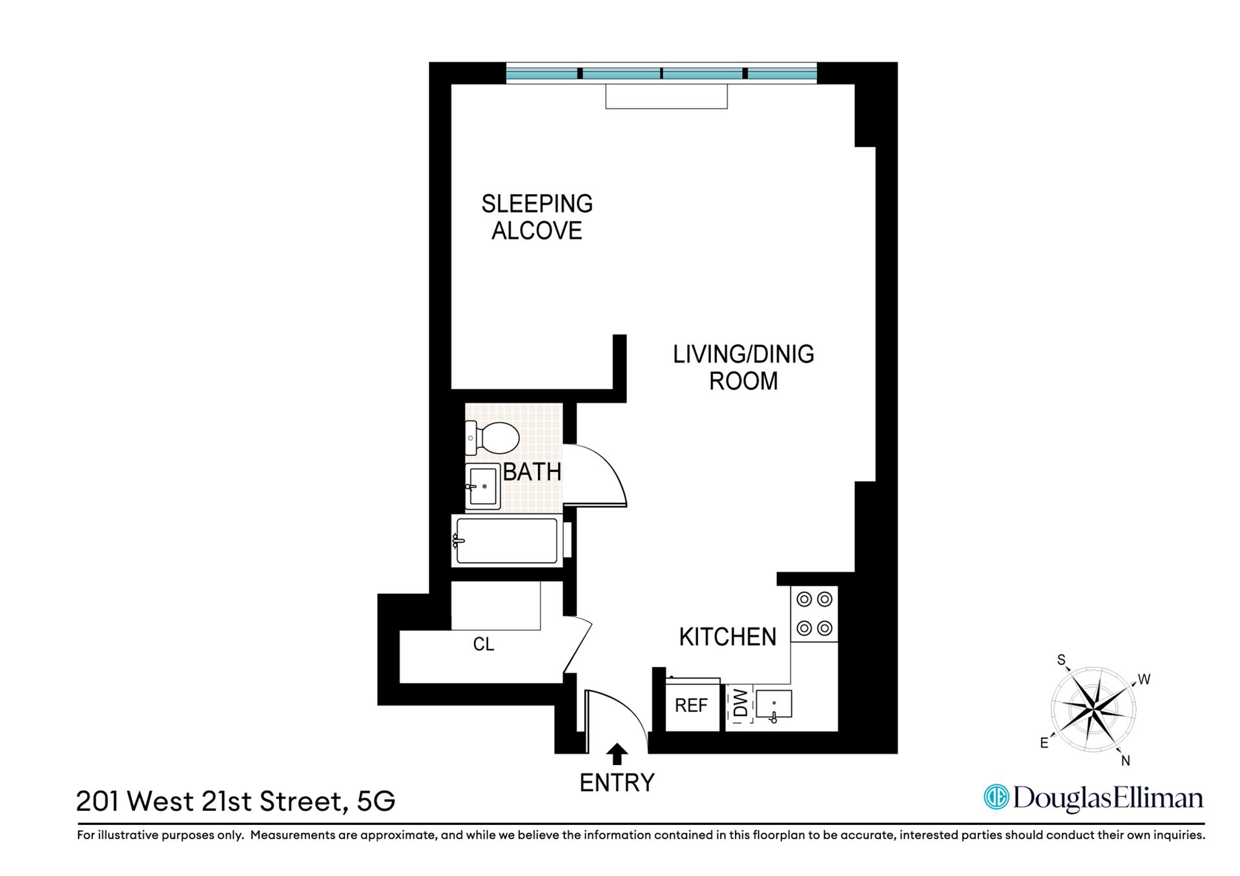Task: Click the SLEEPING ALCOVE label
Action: [x=537, y=217]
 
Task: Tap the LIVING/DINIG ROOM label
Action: [x=743, y=367]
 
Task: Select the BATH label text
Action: [x=532, y=472]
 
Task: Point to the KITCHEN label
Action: [x=727, y=637]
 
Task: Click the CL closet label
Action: [x=484, y=644]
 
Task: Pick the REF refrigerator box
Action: [x=692, y=705]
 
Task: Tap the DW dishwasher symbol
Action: [x=740, y=704]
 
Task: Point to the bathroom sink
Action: [x=482, y=486]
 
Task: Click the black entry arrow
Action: [x=617, y=753]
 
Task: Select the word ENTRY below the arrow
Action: [x=617, y=783]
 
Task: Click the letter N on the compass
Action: [x=1126, y=761]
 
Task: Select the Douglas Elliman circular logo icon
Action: [x=996, y=797]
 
